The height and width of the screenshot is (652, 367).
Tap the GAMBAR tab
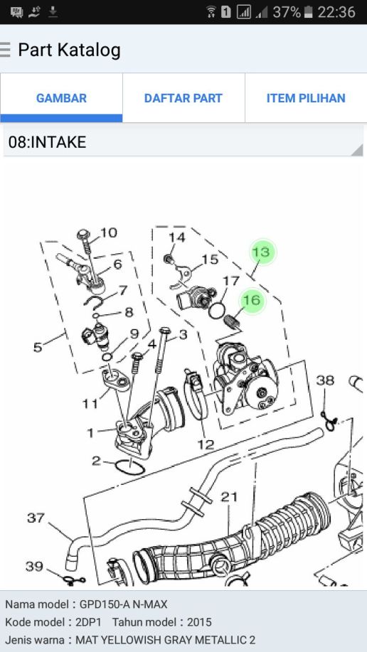[61, 98]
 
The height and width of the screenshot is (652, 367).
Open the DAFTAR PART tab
[183, 98]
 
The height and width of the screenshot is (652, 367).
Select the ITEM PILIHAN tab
[306, 98]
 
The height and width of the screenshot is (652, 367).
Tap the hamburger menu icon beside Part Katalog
[4, 50]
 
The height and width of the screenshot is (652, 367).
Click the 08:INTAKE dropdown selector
[183, 142]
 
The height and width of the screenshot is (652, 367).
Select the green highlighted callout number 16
[252, 300]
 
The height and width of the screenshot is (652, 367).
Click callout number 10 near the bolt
[109, 233]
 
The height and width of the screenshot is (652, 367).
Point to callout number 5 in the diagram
[38, 347]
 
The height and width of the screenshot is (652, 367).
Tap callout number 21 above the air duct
[229, 497]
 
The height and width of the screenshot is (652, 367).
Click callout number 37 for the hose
[36, 518]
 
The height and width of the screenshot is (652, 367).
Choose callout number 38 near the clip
[325, 380]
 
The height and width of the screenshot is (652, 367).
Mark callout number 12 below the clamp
[206, 445]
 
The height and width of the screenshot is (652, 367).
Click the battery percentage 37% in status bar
[287, 12]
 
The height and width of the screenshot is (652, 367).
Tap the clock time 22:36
[336, 12]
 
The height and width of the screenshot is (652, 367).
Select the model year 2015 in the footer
[199, 622]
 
